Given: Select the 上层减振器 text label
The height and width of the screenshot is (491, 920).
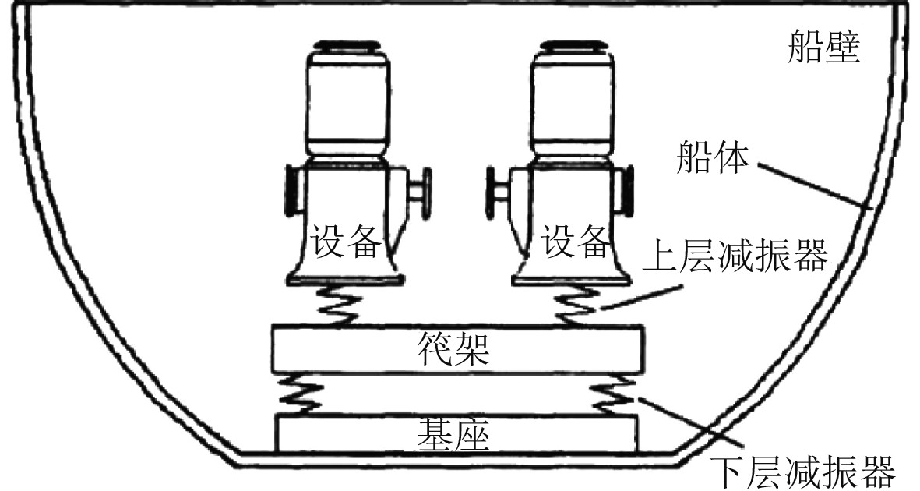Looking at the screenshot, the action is point(735,256).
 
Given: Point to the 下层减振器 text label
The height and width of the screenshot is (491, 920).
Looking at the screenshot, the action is point(803,471).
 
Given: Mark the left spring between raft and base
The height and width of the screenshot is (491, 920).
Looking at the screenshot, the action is point(294,394).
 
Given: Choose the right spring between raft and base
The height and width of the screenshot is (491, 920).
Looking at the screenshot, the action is point(611,394).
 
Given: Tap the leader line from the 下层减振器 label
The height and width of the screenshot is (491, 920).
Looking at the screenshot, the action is point(678,425).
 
